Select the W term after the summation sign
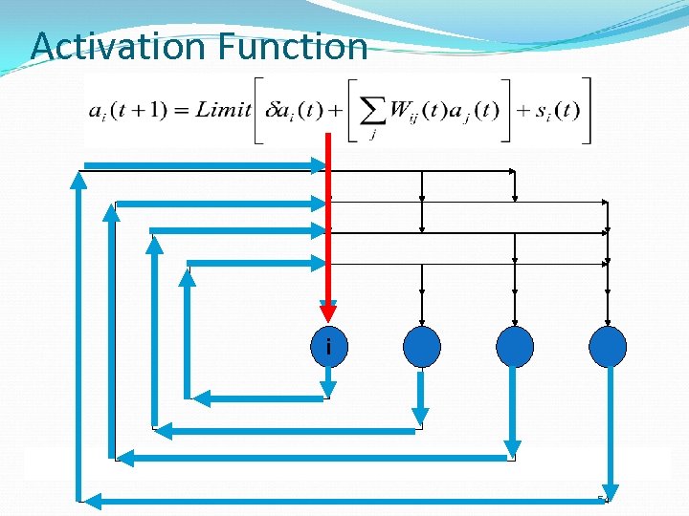[x=402, y=111]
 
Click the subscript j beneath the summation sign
[x=372, y=136]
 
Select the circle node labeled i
[x=328, y=347]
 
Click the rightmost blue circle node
[x=608, y=347]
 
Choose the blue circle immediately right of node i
[x=422, y=347]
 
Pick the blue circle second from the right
[x=515, y=347]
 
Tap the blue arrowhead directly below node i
[x=328, y=388]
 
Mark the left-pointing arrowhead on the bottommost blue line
[x=87, y=499]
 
